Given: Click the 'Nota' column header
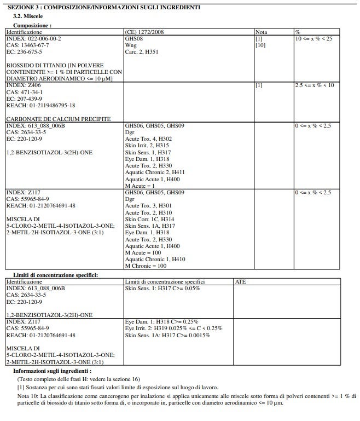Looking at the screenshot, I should (x=262, y=33).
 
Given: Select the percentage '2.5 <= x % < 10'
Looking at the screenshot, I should (x=314, y=86).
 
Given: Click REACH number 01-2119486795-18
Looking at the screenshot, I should (x=40, y=106).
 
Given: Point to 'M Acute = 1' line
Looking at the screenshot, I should (x=140, y=186).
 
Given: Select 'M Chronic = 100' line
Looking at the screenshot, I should (x=146, y=266).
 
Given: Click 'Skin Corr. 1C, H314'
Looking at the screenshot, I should (x=150, y=219).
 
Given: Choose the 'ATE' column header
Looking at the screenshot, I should (x=240, y=281).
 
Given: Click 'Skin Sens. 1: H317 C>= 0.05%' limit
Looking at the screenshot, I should (x=162, y=288).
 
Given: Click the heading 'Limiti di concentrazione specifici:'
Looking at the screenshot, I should (x=55, y=275).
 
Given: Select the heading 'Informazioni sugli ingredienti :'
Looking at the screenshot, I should (x=52, y=371).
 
